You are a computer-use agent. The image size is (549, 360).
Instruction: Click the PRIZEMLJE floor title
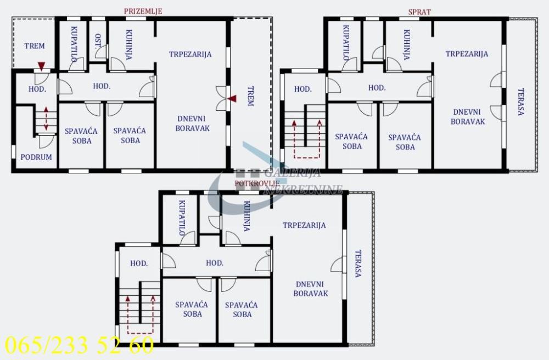click(143, 11)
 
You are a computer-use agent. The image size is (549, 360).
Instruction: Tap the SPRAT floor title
click(419, 12)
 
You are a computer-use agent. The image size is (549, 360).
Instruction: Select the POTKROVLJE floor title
click(257, 183)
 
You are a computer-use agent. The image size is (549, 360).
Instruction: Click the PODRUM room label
click(36, 157)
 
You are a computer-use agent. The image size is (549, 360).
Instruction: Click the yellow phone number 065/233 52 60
click(79, 346)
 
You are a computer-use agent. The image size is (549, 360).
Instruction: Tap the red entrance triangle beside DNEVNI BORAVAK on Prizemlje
click(232, 99)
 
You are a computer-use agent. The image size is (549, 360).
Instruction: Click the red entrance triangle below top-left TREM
click(41, 67)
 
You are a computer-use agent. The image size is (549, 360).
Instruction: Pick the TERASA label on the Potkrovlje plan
click(358, 264)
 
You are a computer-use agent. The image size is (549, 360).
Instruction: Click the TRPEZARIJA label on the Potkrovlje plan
click(304, 225)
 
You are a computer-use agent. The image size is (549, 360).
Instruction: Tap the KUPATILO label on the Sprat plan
click(346, 43)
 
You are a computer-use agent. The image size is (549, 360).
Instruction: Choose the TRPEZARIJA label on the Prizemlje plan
click(191, 54)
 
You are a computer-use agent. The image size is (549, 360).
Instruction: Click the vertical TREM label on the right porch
click(250, 96)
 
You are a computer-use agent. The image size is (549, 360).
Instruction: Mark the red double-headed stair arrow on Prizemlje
click(46, 119)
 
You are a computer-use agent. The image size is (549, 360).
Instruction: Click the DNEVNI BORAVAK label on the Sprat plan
click(468, 116)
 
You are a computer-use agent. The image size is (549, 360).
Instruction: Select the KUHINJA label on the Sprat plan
click(406, 43)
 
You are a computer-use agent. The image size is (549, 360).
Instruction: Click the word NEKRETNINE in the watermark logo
click(304, 189)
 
